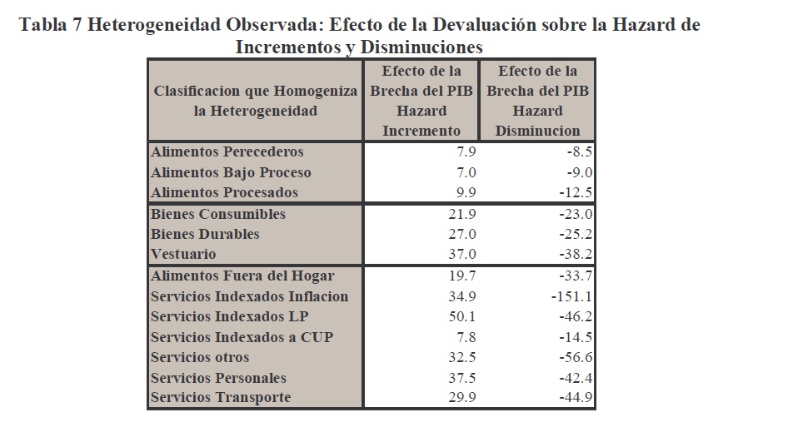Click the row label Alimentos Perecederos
point(227,152)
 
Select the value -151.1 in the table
point(571,296)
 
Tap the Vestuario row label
point(183,255)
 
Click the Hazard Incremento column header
point(421,101)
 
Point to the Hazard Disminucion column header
point(537,101)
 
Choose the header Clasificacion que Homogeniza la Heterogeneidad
point(255,101)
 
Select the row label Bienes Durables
point(205,235)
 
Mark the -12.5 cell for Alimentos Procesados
point(576,193)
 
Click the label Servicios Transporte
point(221,398)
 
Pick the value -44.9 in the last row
point(576,398)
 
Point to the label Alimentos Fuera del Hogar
point(242,276)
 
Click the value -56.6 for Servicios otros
point(576,357)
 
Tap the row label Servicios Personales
point(218,378)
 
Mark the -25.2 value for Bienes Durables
point(576,235)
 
